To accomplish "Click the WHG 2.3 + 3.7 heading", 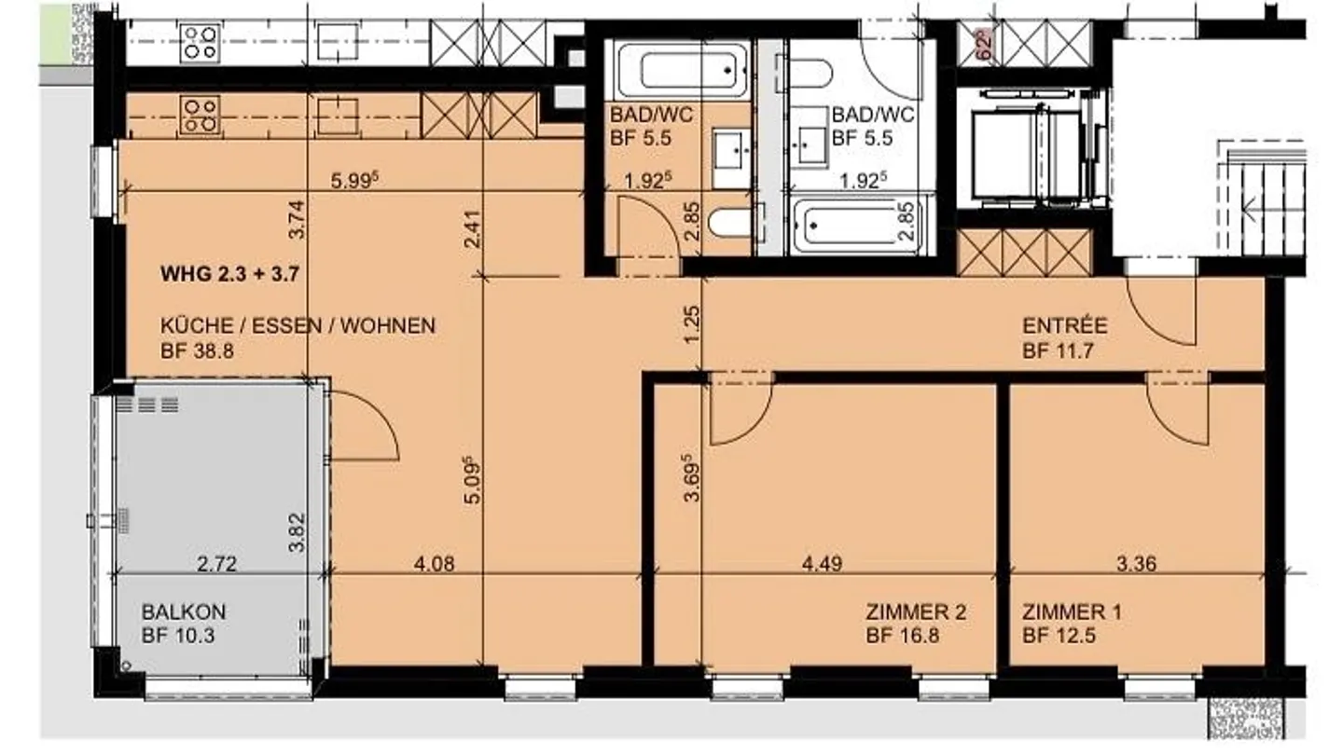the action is (229, 274).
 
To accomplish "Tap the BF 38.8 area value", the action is (197, 350).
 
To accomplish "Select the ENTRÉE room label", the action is (1065, 325).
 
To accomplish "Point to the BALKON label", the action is (184, 611).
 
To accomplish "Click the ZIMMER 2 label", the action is (916, 611).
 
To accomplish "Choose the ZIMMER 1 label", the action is (1072, 611).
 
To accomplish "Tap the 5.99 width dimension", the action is (355, 180).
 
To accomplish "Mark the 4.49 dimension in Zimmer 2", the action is (822, 563).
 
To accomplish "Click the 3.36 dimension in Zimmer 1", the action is (1137, 563).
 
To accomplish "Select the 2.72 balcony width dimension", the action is (216, 563).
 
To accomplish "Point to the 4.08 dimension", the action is (434, 563).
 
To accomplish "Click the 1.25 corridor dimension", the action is (691, 324).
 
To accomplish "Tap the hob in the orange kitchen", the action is (201, 117).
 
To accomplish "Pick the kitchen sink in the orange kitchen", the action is (339, 117).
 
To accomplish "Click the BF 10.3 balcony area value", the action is (178, 635).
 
